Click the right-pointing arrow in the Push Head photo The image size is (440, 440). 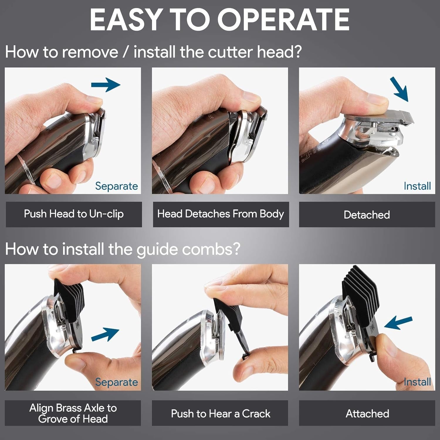click(106, 85)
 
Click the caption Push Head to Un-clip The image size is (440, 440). click(74, 214)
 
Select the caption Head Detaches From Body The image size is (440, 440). click(221, 214)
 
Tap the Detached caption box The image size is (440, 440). click(367, 215)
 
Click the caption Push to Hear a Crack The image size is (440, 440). click(221, 414)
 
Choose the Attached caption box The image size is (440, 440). click(367, 414)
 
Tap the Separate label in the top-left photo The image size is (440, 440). click(116, 186)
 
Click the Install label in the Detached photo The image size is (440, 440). click(417, 186)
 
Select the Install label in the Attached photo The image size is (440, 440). click(417, 382)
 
